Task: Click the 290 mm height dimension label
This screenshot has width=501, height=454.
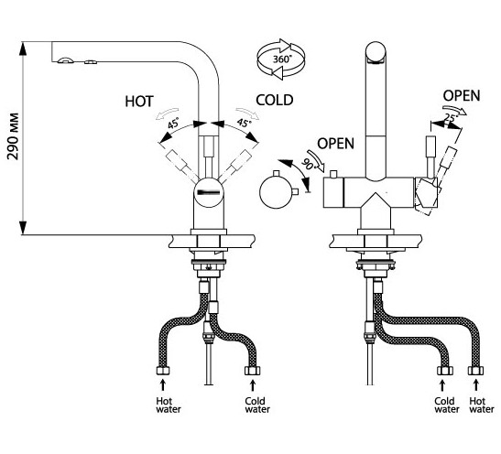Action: coord(14,136)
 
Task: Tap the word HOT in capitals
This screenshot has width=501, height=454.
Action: coord(139,102)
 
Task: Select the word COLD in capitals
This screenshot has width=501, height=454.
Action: coord(275,101)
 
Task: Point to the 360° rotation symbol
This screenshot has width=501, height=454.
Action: coord(281,59)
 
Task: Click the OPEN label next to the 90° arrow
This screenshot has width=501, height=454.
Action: coord(336,144)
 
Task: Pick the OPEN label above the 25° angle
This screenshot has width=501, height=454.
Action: coord(462,96)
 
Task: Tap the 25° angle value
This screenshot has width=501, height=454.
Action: coord(450,118)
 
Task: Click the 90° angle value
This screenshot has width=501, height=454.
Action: coord(308,164)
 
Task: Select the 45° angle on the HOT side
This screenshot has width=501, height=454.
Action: coord(174,124)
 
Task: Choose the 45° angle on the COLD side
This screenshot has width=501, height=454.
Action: coord(243,122)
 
